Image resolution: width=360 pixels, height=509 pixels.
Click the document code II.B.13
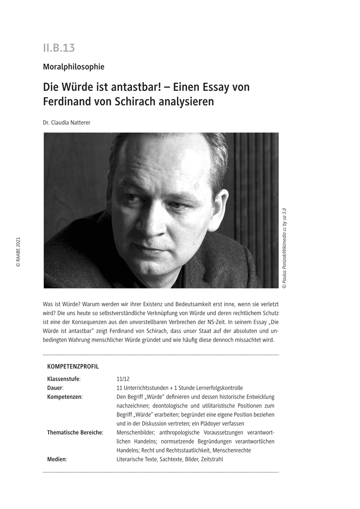coord(59,48)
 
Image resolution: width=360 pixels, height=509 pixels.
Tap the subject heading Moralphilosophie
coord(73,67)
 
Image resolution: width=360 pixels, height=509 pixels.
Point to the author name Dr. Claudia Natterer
coord(67,123)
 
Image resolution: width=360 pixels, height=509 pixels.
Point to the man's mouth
coord(146,247)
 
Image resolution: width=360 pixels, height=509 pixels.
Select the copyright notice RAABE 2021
coord(18,252)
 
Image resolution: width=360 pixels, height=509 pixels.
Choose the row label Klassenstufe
coord(63,379)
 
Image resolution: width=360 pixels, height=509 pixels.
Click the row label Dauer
coord(55,388)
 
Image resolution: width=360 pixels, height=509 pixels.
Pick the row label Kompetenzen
coord(65,397)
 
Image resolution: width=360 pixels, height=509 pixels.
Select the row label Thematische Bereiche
coord(75,433)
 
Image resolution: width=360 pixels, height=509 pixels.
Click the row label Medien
coord(57,459)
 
